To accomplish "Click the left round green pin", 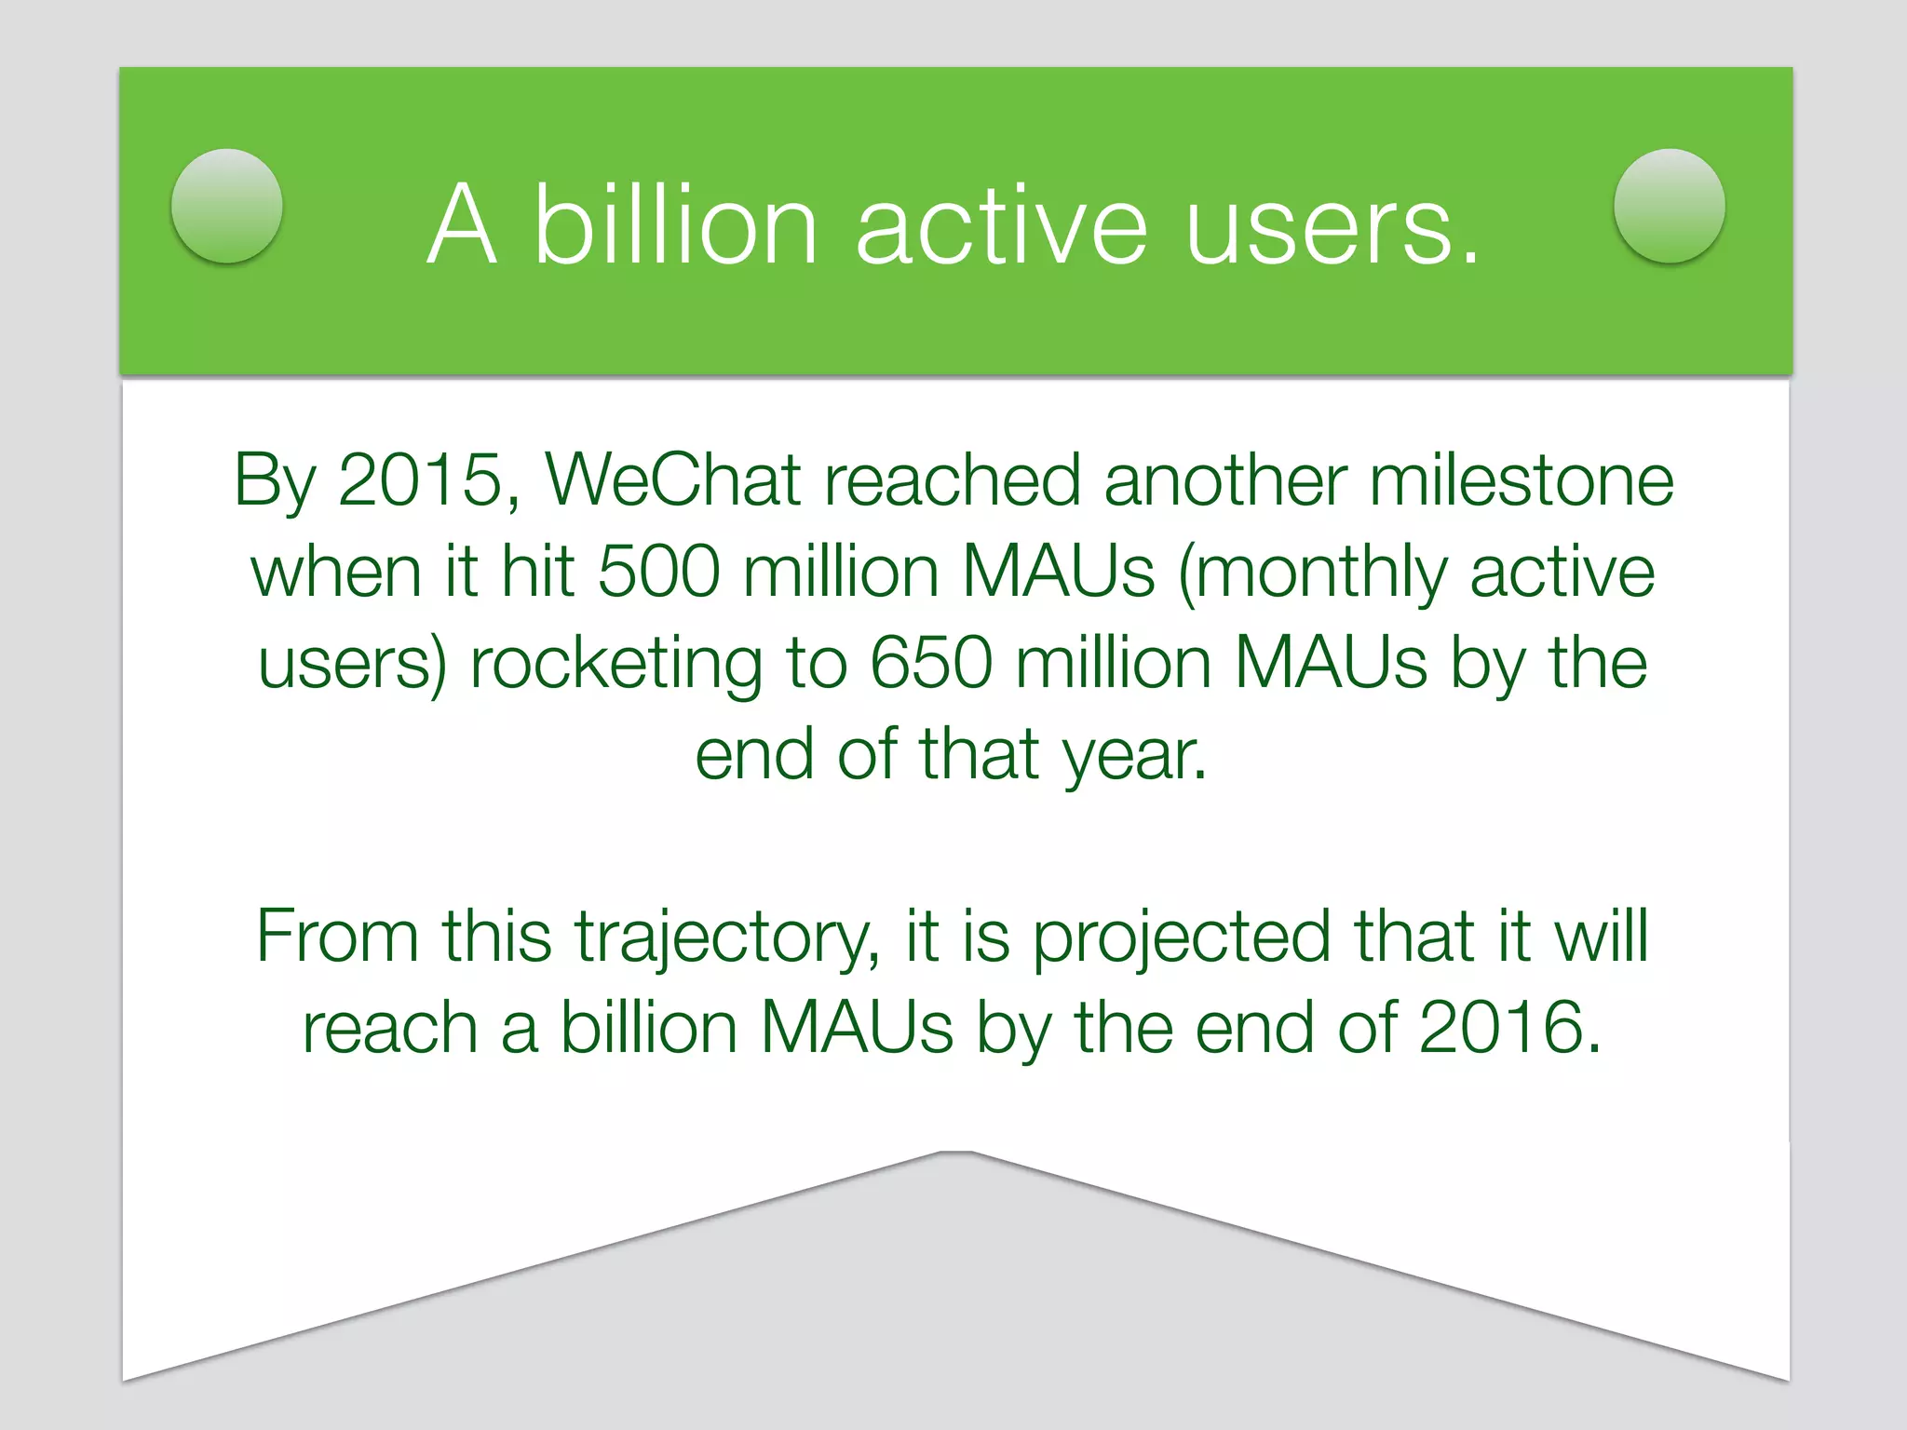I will click(x=227, y=206).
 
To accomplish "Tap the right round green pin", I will click(x=1669, y=206).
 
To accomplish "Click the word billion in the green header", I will click(x=675, y=225).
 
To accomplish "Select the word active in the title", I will click(x=1001, y=225).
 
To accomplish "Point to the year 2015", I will click(x=420, y=480).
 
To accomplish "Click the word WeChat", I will click(x=672, y=480).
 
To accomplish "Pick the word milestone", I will click(x=1522, y=480).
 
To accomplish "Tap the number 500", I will click(x=658, y=571).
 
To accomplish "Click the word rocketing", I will click(x=615, y=665).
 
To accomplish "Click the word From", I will click(x=337, y=936).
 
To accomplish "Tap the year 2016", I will click(x=1509, y=1028).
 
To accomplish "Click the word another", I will click(x=1224, y=480).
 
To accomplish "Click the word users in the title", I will click(x=1332, y=225).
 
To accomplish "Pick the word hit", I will click(x=537, y=571).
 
